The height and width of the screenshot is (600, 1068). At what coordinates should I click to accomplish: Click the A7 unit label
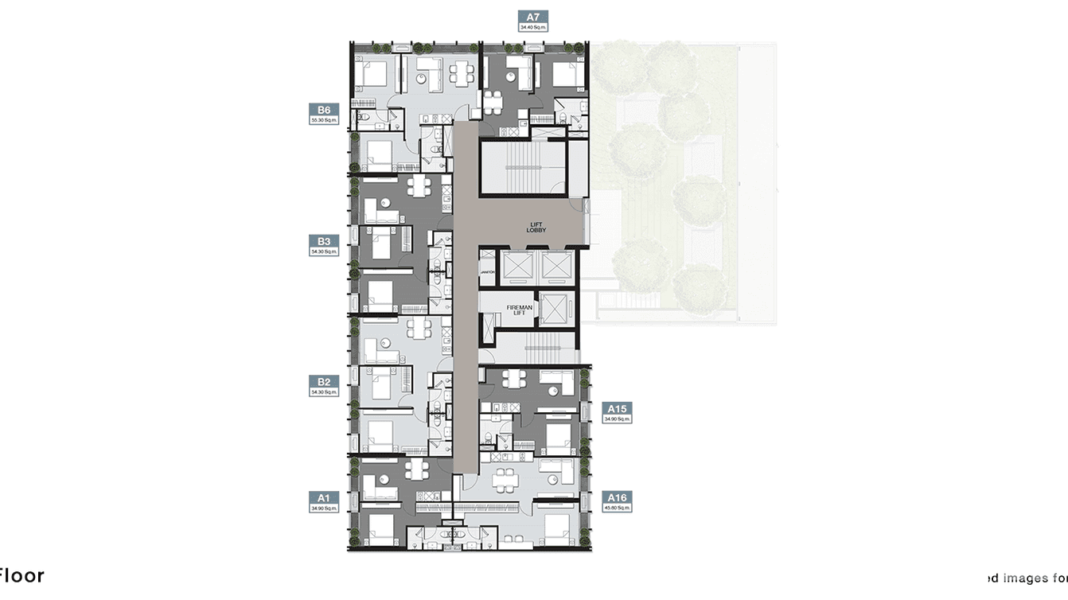point(533,16)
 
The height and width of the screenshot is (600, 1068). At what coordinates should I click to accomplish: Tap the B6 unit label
point(324,110)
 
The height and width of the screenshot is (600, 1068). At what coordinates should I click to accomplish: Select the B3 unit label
point(324,241)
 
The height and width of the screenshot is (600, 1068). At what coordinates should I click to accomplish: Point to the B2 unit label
point(324,382)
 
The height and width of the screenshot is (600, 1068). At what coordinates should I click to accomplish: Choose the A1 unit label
point(324,497)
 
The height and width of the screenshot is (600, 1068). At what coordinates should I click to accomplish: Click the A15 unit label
point(618,408)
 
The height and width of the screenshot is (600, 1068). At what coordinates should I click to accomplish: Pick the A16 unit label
point(618,497)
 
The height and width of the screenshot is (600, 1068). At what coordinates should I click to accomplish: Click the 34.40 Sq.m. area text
point(533,27)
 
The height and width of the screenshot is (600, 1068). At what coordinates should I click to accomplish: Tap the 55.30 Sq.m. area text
point(324,120)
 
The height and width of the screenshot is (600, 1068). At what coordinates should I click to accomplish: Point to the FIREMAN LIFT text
point(519,310)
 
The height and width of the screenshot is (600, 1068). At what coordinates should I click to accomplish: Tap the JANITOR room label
point(488,273)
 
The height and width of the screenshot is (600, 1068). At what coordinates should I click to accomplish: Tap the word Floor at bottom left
point(22,576)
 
